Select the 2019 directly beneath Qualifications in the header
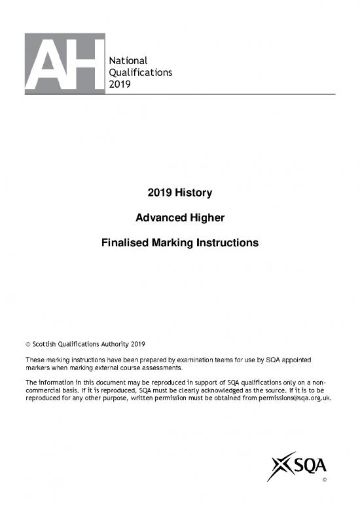pos(119,83)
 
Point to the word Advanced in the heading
pos(153,218)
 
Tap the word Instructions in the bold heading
pos(226,243)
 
